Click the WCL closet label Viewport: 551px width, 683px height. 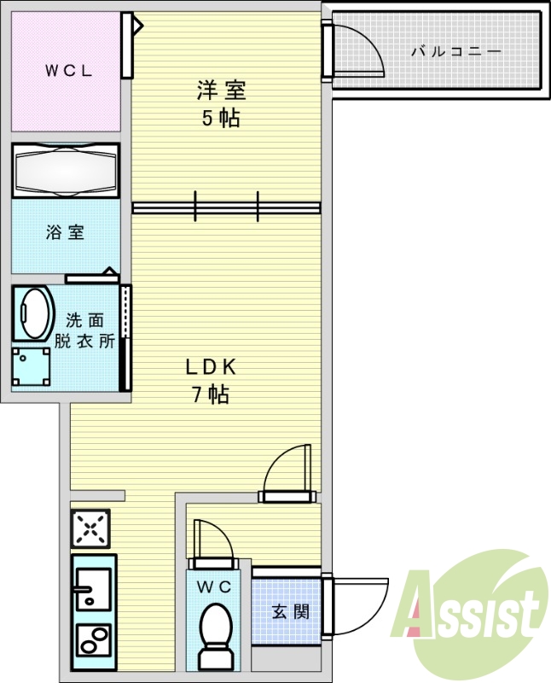(x=69, y=71)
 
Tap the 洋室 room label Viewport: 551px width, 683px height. (x=222, y=90)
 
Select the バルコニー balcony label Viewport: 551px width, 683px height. (x=456, y=52)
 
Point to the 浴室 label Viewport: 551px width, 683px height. (x=66, y=232)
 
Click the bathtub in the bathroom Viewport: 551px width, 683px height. (x=66, y=170)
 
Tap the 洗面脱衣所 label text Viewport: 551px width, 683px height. (x=84, y=331)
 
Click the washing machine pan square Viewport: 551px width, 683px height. (x=31, y=366)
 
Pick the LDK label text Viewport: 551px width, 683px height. (x=211, y=367)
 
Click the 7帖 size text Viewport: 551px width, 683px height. (x=211, y=394)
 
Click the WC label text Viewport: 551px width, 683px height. (x=214, y=587)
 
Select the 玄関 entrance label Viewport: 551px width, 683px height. (x=291, y=612)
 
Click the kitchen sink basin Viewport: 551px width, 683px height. (x=93, y=588)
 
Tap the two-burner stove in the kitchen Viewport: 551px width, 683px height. (x=94, y=639)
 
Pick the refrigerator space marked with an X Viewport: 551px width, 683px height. (x=90, y=528)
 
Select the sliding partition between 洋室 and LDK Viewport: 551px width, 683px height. (x=226, y=207)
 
